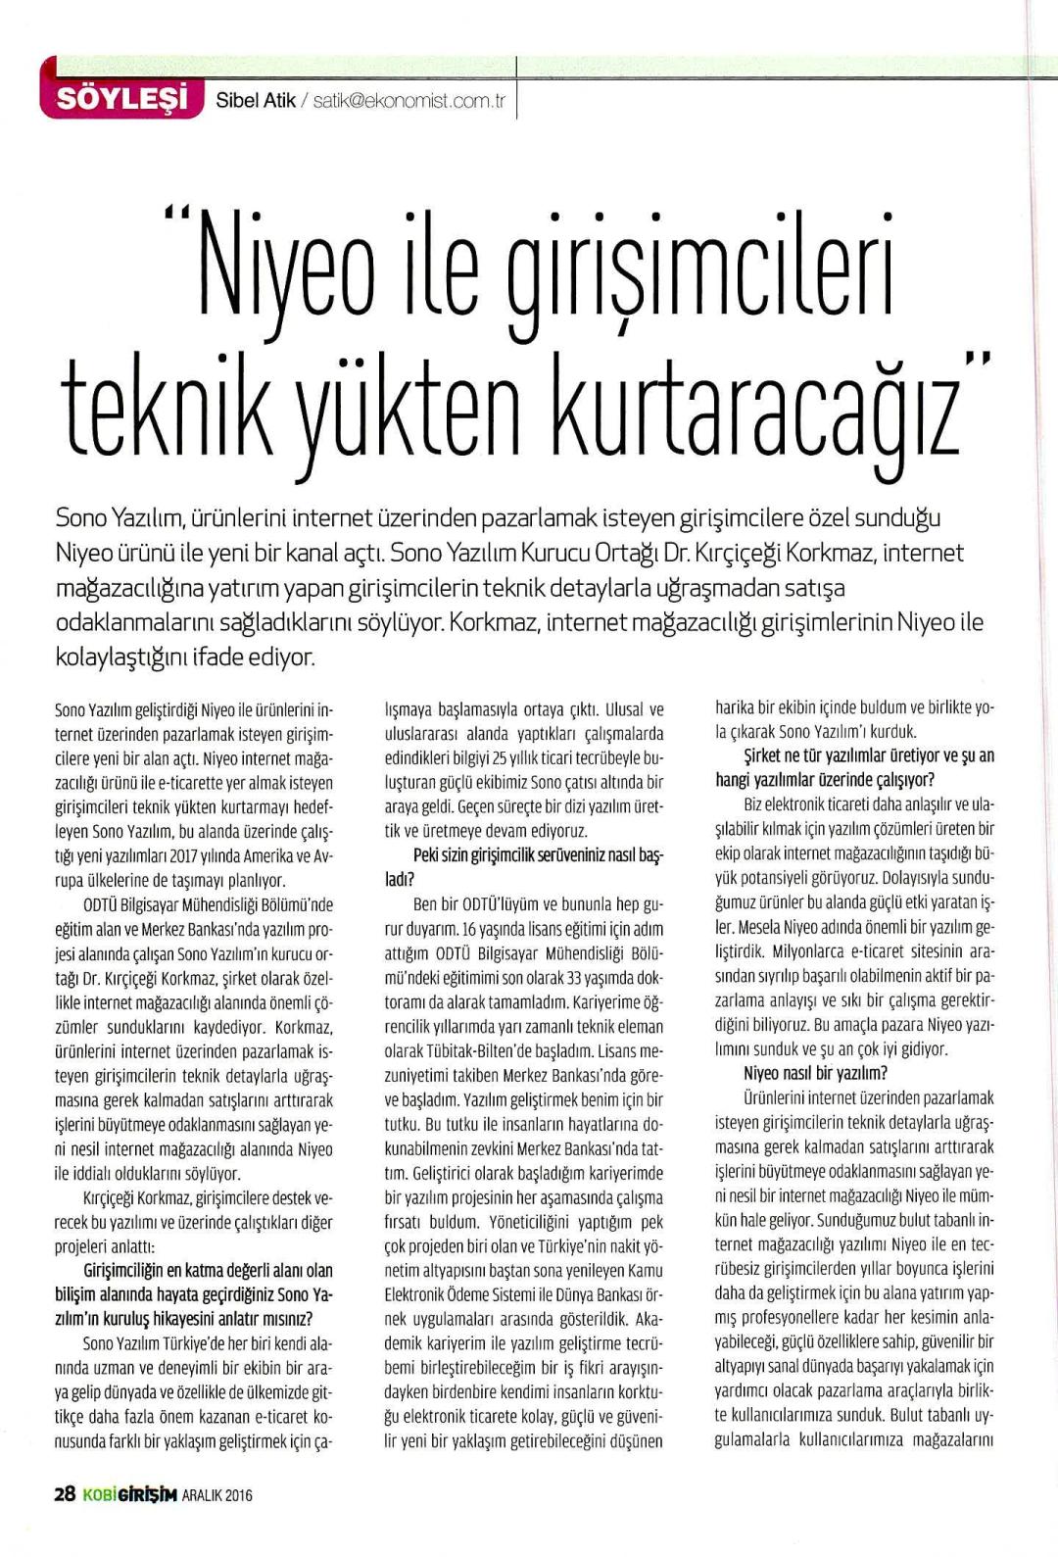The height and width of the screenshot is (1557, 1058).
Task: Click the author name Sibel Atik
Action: pos(255,100)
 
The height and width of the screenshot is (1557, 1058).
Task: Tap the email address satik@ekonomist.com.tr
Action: pos(409,101)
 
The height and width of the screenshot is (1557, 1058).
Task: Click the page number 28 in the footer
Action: pos(65,1494)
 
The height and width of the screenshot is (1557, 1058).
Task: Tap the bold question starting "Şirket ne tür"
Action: pos(854,767)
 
